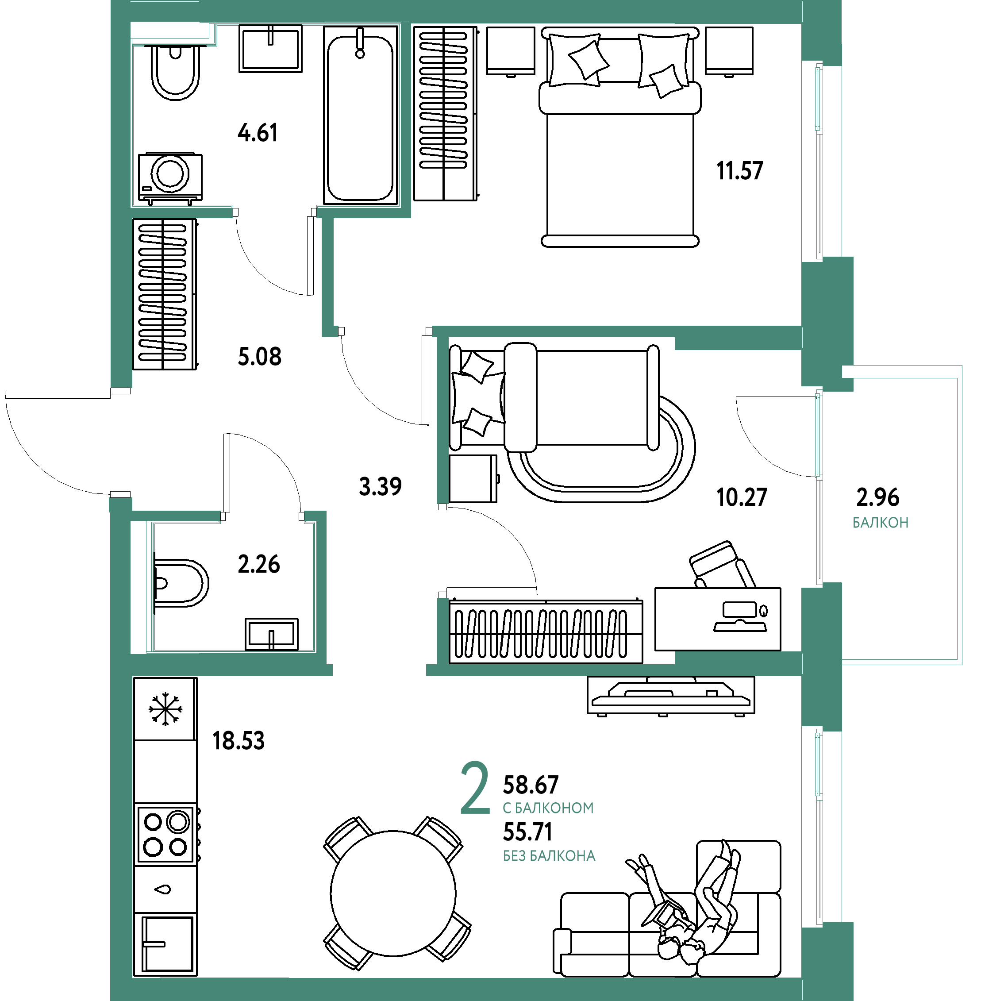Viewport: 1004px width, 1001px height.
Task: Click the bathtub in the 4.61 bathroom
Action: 361,115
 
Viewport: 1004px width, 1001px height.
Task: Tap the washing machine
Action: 170,177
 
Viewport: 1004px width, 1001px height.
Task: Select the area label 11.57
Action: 739,171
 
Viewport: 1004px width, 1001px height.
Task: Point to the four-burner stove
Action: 165,834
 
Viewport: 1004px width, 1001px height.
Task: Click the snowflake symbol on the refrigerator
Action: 165,708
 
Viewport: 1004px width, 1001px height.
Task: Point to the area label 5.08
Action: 259,357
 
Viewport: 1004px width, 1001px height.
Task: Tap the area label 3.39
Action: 381,486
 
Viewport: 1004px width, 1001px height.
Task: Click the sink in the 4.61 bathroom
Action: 270,49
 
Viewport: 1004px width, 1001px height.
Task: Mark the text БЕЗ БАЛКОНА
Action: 549,856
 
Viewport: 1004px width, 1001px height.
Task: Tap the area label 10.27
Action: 742,497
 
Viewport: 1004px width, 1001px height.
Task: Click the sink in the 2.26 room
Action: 271,634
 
